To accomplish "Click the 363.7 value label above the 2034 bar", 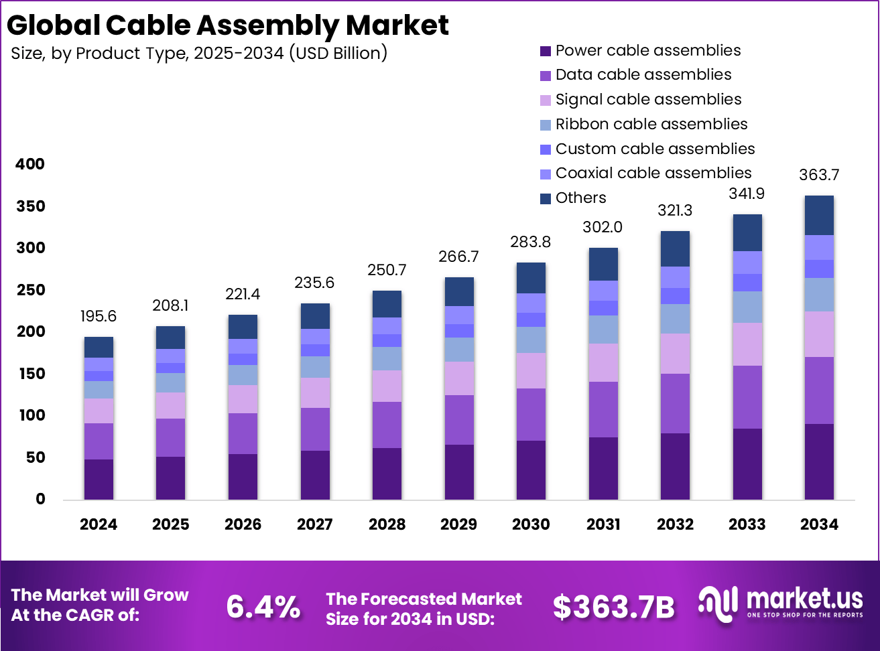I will click(x=819, y=175).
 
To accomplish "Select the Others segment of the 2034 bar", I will click(x=819, y=215).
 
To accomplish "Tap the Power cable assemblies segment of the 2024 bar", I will click(x=99, y=479).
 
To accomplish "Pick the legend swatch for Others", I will click(x=546, y=198).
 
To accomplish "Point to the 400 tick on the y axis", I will click(x=30, y=164).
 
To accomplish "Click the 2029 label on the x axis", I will click(x=458, y=524).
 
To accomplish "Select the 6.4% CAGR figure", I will click(x=263, y=607).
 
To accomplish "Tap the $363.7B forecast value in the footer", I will click(x=613, y=607).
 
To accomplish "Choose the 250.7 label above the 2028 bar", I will click(x=387, y=270).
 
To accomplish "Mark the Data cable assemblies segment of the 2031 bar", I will click(x=603, y=409).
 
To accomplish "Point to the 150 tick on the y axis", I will click(x=30, y=374).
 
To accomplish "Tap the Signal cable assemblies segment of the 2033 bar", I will click(x=747, y=344).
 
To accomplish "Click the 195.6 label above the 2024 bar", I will click(x=99, y=316).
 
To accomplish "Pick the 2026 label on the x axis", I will click(x=243, y=524).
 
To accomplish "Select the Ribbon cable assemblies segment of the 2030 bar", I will click(x=531, y=340).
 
